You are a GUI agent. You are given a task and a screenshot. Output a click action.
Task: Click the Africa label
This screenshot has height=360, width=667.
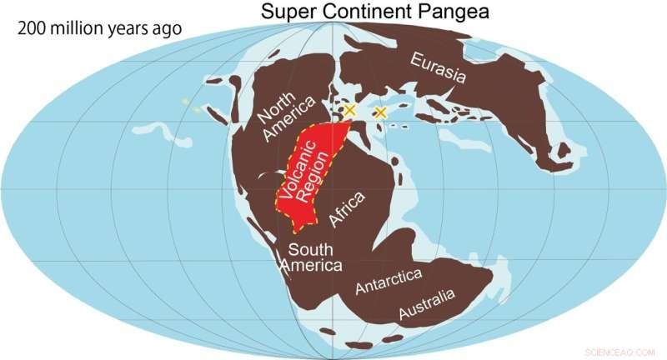[348, 209]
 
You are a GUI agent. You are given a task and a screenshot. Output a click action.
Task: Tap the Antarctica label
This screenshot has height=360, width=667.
[389, 280]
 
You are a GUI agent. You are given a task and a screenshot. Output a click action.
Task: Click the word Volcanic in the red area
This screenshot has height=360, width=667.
[299, 174]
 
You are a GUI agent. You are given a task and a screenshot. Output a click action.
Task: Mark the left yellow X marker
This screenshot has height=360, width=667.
[350, 110]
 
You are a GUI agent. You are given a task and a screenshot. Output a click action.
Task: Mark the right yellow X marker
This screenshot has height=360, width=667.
[381, 112]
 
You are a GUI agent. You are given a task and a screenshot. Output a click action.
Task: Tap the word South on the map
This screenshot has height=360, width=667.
[310, 250]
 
